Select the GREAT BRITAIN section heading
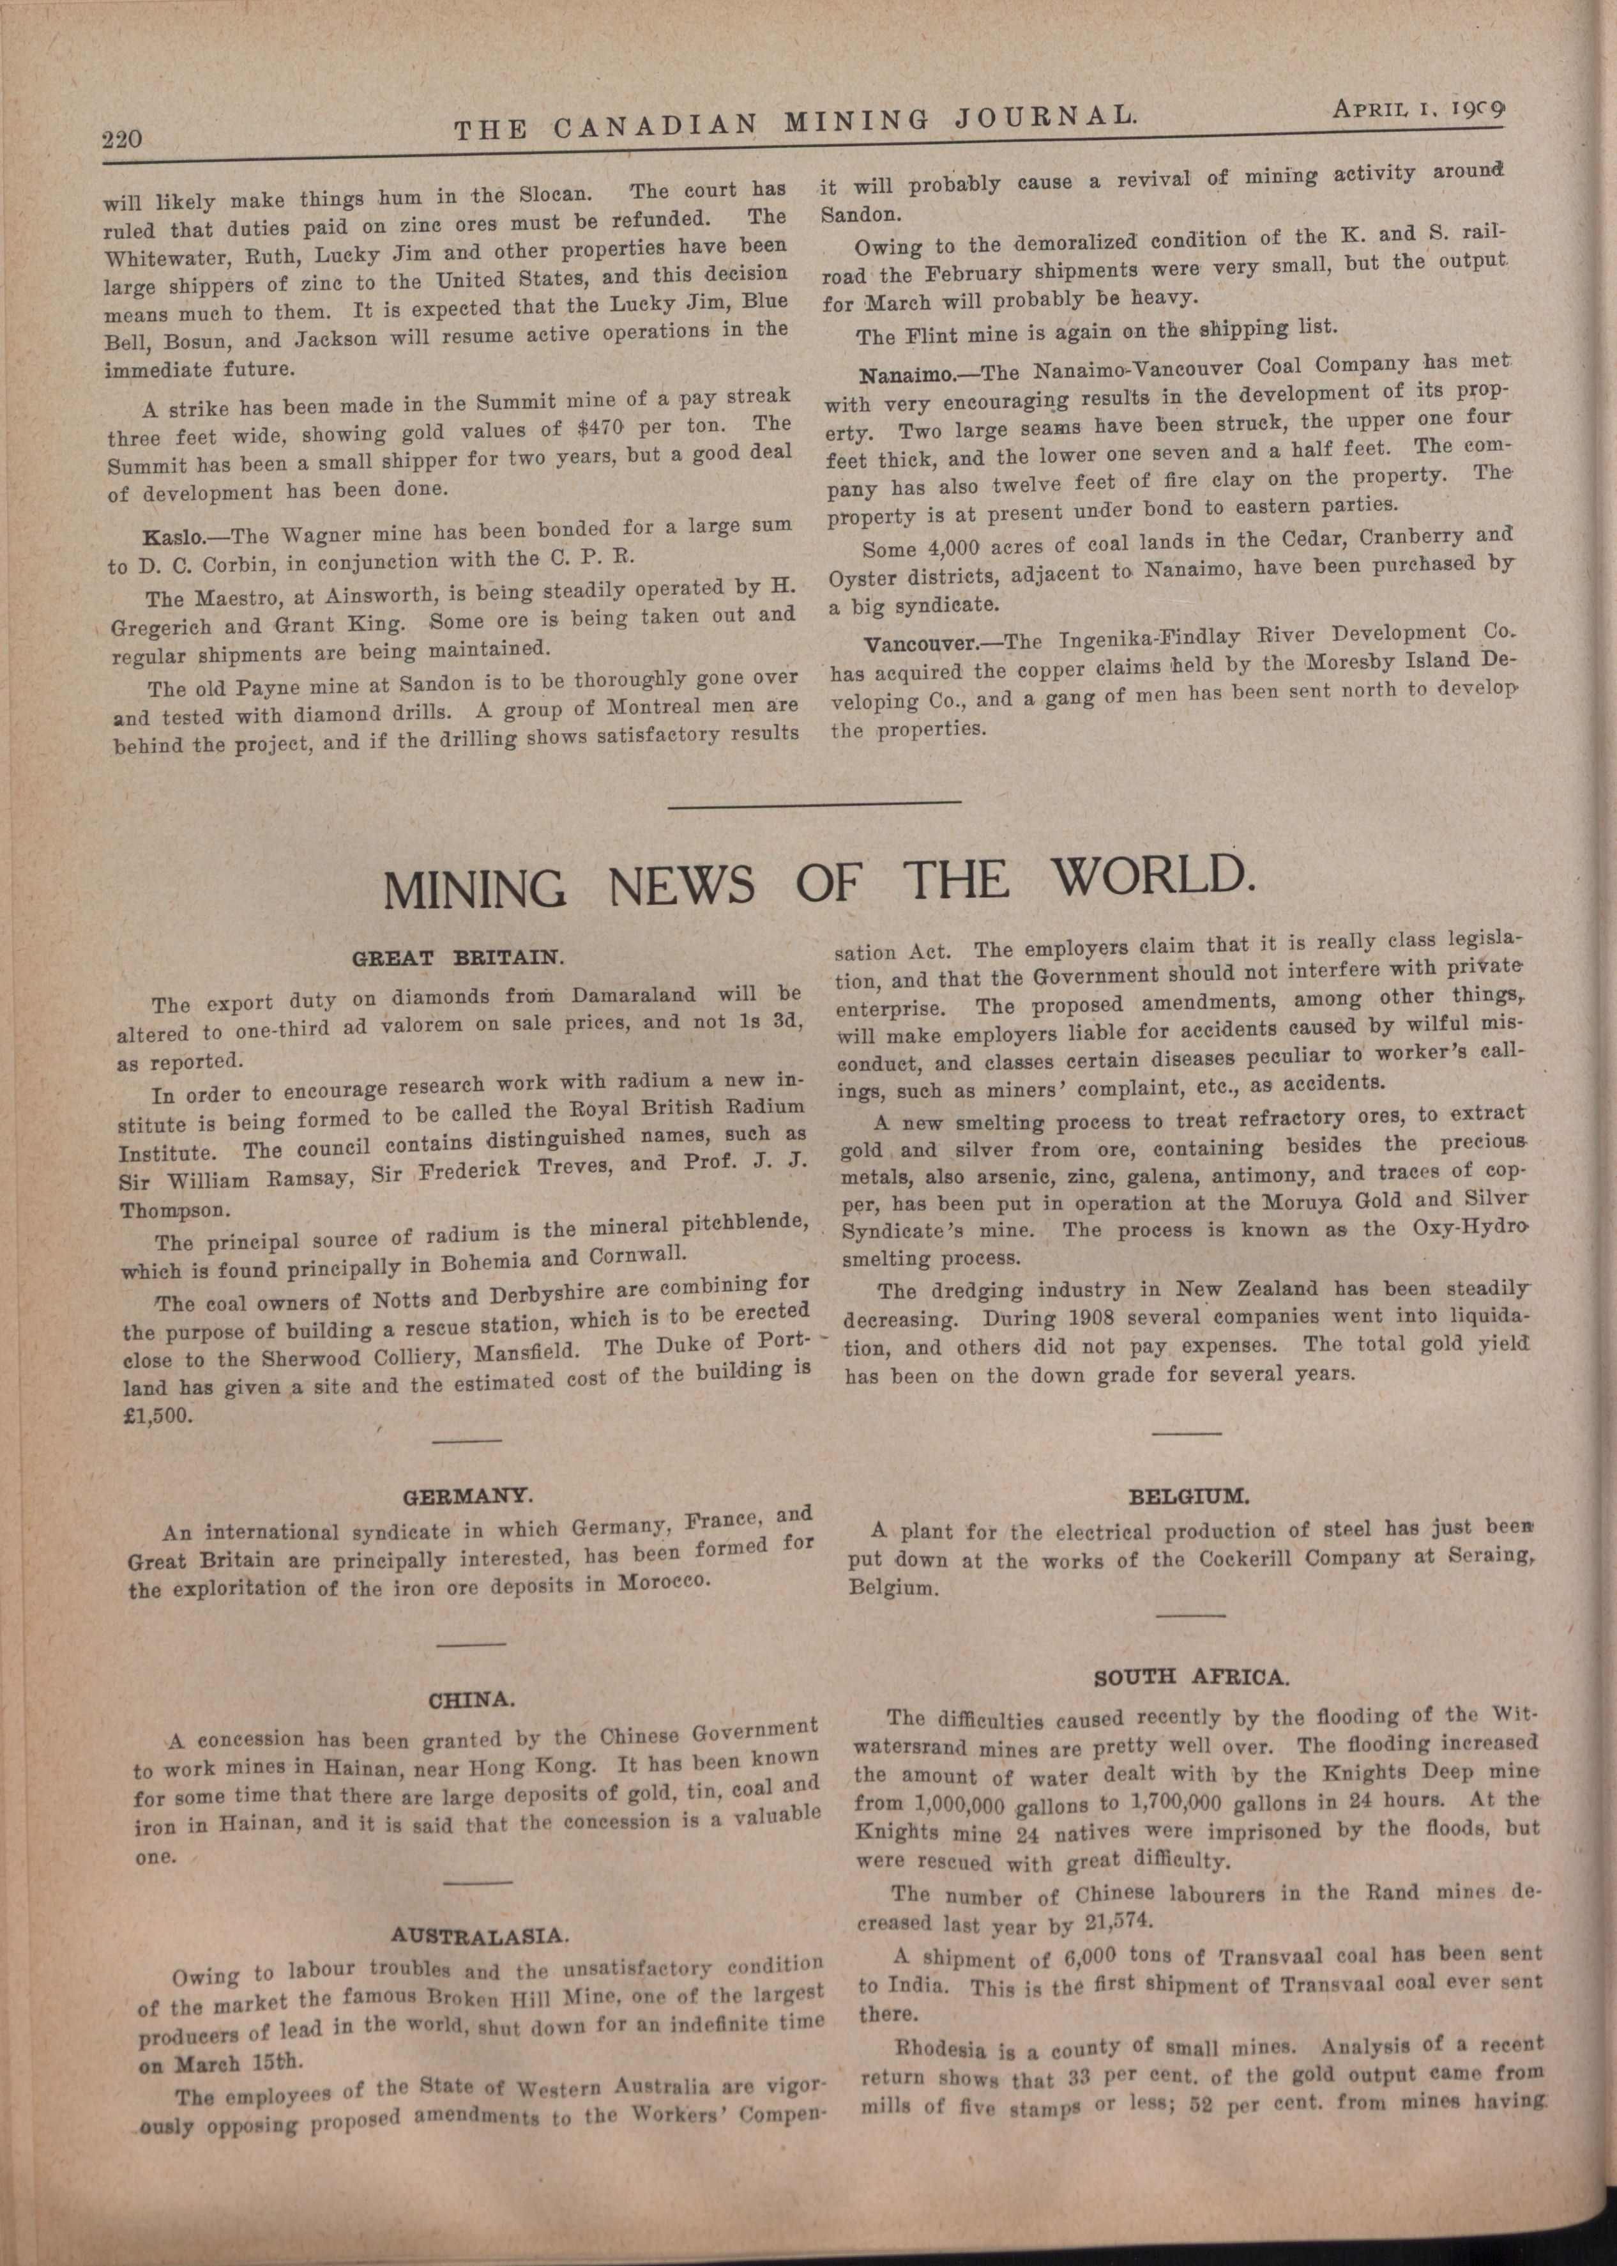(x=459, y=958)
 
